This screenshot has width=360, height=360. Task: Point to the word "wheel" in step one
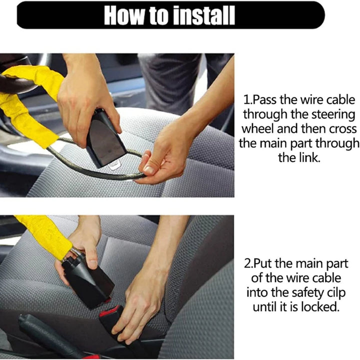pos(257,128)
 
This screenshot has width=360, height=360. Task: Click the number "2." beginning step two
pos(250,263)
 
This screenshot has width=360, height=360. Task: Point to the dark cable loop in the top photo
pos(95,169)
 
